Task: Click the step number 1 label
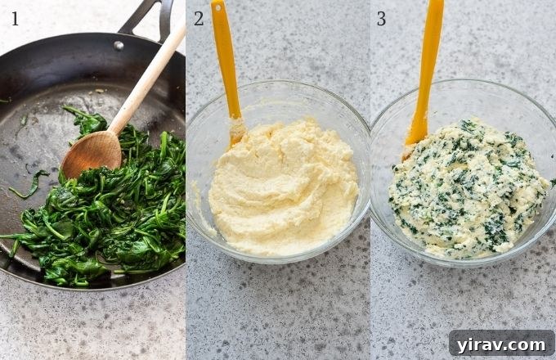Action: tap(15, 18)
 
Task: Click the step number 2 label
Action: tap(199, 18)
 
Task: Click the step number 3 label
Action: tap(381, 18)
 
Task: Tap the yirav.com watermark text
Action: tap(501, 343)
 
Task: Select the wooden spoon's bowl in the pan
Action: tap(91, 152)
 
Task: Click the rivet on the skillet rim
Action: tap(119, 45)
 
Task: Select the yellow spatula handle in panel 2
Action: tap(225, 49)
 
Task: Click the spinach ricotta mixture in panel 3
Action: tap(470, 188)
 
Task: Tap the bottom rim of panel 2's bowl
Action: tap(278, 261)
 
